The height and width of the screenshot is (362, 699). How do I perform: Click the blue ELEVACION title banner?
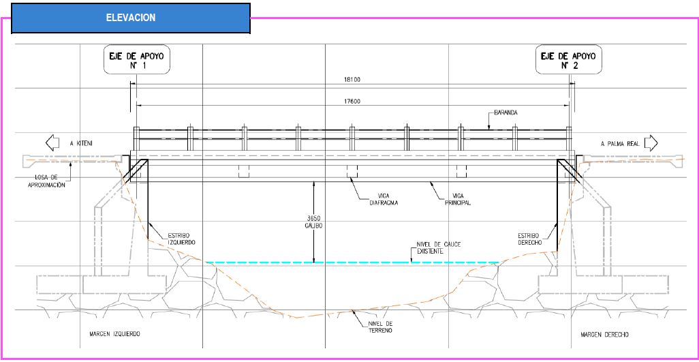131,18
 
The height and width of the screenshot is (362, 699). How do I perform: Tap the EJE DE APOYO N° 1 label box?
137,59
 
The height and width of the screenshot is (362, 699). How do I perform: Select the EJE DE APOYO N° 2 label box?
568,59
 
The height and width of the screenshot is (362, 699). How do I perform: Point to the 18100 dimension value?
352,80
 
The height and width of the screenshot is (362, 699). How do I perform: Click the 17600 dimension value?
352,101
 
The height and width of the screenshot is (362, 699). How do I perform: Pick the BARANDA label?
506,112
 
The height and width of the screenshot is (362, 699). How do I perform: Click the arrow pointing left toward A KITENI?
52,143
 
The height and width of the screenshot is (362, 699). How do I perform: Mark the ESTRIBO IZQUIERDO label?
181,239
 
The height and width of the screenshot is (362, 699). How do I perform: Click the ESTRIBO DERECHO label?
529,239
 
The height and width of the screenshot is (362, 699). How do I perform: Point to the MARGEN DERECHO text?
604,334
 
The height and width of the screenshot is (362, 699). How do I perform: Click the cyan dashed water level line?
352,262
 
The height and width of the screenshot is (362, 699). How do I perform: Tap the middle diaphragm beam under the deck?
352,171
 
